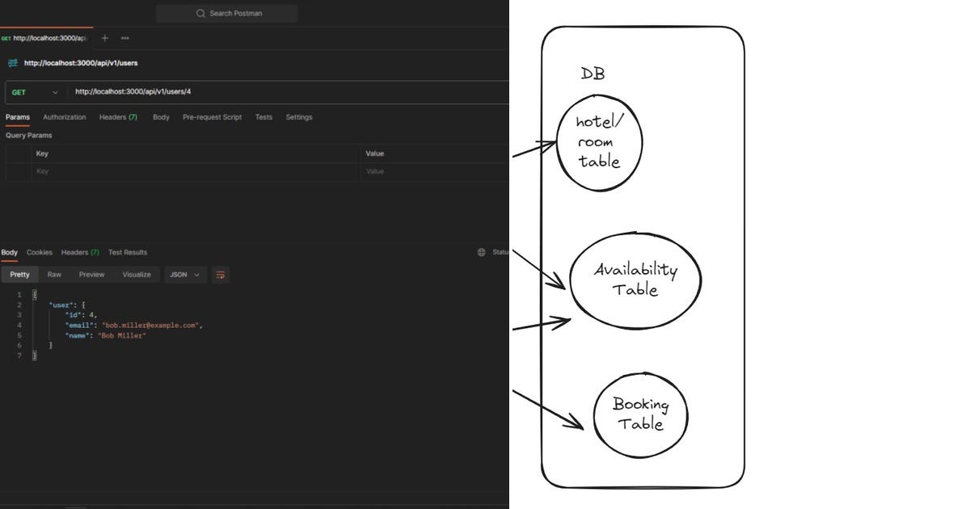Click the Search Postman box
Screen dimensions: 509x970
(x=227, y=14)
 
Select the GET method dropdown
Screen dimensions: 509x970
(x=34, y=92)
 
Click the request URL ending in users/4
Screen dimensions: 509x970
(x=133, y=92)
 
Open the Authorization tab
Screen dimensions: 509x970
(x=65, y=117)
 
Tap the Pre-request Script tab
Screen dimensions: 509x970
(x=212, y=117)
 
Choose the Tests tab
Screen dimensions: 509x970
(x=264, y=117)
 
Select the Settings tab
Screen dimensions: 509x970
(x=298, y=117)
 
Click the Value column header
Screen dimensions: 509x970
(x=375, y=154)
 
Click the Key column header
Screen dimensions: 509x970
(x=42, y=154)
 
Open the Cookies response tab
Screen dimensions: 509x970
(x=40, y=252)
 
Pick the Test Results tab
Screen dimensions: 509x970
(x=128, y=252)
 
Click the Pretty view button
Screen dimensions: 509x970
(x=19, y=275)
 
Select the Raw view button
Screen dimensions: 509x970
(x=54, y=275)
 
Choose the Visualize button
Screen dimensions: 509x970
(x=137, y=275)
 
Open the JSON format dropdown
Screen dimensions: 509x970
(x=185, y=275)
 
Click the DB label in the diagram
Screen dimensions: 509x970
(x=593, y=74)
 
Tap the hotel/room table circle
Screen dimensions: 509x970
(x=599, y=143)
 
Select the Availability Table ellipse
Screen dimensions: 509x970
(x=635, y=280)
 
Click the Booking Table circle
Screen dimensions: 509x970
(x=640, y=414)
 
